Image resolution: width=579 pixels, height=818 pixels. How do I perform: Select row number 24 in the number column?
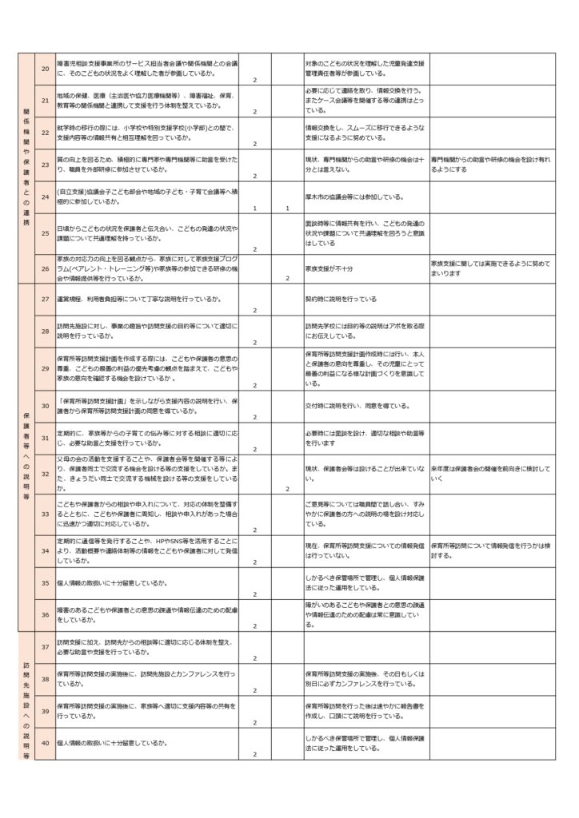pyautogui.click(x=45, y=197)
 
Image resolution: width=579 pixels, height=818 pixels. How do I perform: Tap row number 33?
pyautogui.click(x=45, y=515)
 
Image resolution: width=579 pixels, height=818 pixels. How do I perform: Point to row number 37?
pyautogui.click(x=45, y=646)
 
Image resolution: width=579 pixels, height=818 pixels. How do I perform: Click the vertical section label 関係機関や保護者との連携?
pyautogui.click(x=26, y=169)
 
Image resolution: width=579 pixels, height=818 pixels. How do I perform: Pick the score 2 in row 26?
pyautogui.click(x=287, y=278)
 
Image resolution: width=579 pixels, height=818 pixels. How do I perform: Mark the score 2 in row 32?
pyautogui.click(x=287, y=488)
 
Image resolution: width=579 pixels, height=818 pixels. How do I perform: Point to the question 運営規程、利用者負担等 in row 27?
pyautogui.click(x=140, y=298)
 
